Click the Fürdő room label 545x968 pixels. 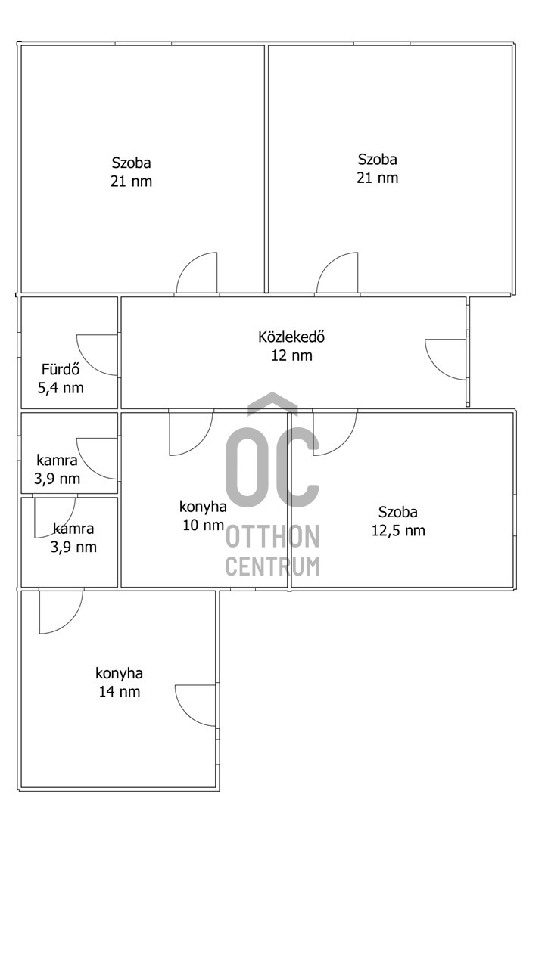click(61, 370)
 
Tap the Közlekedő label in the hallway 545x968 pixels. click(291, 337)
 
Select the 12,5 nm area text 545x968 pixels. click(398, 531)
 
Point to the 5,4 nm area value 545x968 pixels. click(61, 388)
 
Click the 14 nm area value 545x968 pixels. click(120, 691)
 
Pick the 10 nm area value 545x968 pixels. click(204, 525)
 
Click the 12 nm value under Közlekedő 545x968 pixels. click(291, 355)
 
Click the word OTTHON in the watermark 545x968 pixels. click(272, 536)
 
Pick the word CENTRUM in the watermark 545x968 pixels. click(272, 566)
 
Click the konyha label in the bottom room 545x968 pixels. click(120, 674)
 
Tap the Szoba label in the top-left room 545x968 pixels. click(132, 163)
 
